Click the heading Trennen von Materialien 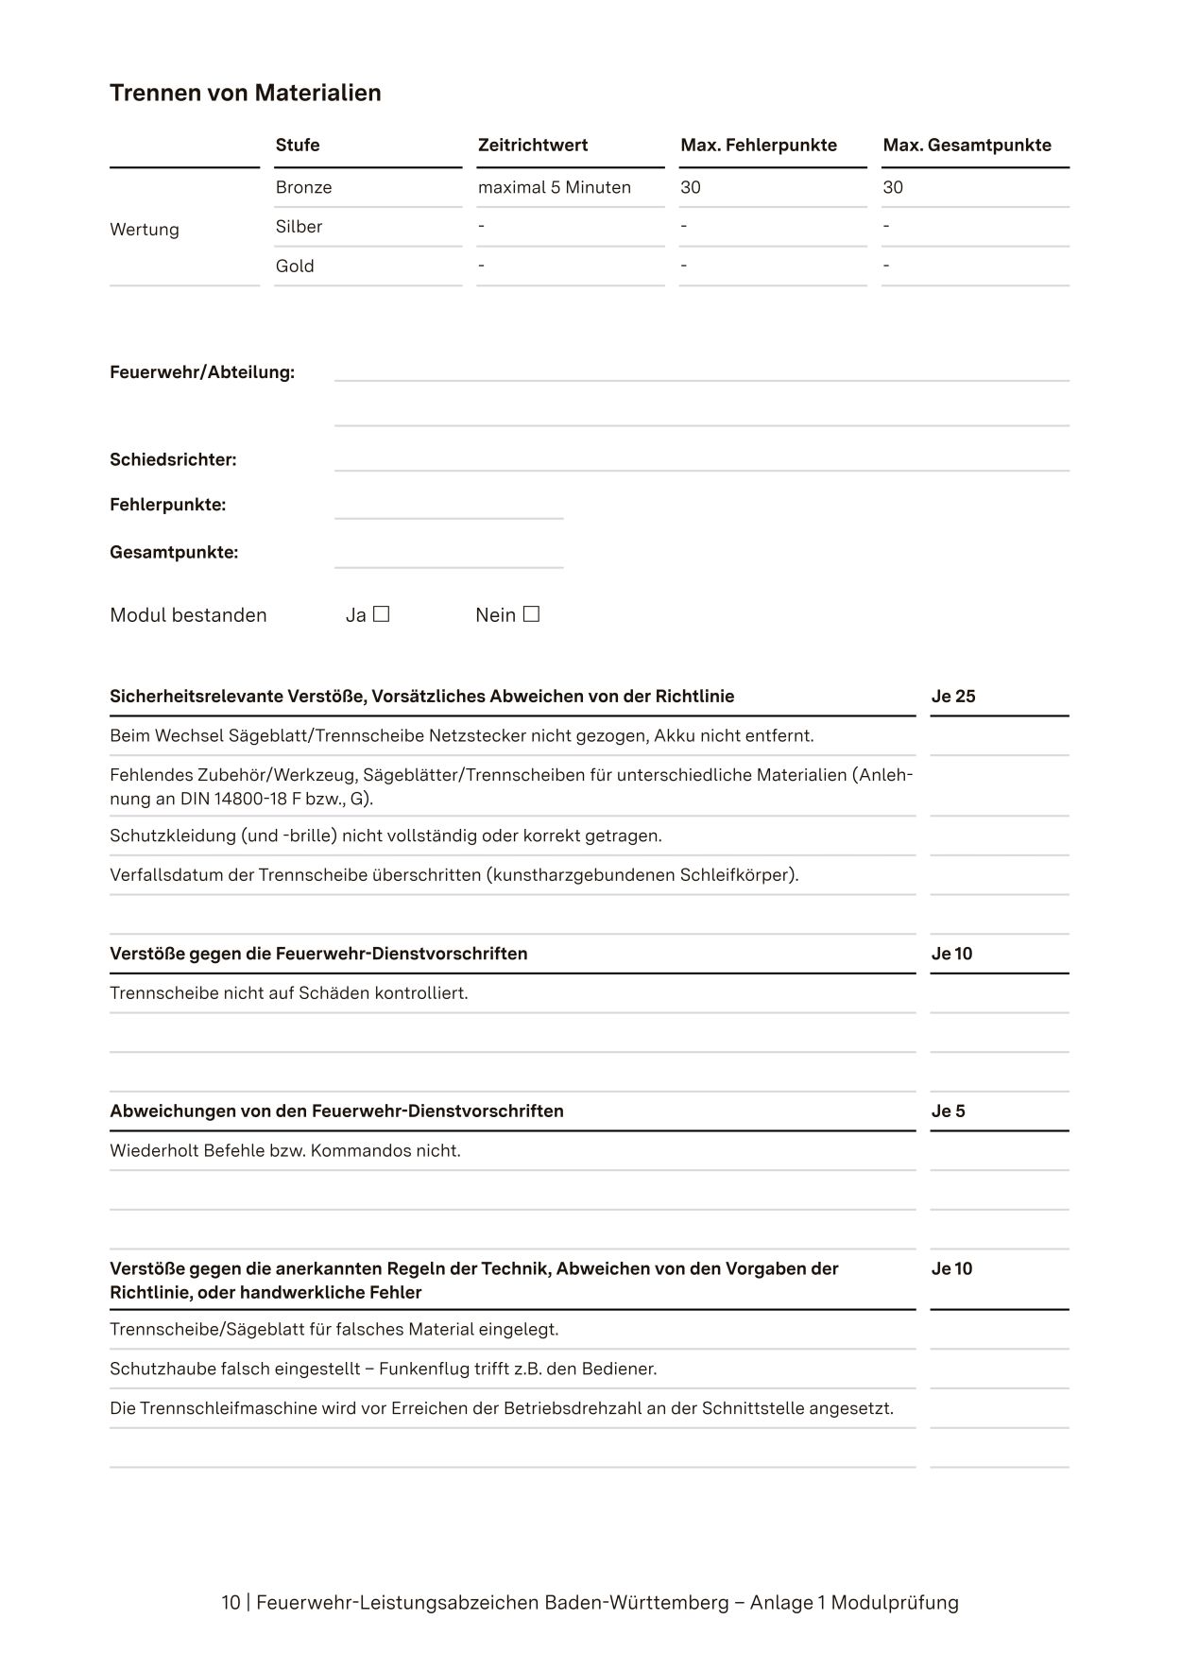[246, 93]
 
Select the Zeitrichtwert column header [532, 145]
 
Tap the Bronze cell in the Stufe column [303, 187]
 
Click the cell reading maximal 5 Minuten [554, 187]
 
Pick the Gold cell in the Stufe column [295, 266]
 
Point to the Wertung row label [145, 230]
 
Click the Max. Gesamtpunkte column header [967, 145]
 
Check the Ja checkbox [382, 614]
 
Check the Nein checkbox [531, 614]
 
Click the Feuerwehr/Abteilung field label [202, 372]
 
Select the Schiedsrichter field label [173, 460]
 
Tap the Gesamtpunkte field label [174, 553]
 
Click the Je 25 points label [952, 697]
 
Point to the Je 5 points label [948, 1111]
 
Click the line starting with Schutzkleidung [385, 835]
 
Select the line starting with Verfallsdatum [454, 875]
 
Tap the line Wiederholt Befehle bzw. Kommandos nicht [285, 1151]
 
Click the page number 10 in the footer [231, 1603]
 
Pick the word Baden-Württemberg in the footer [637, 1603]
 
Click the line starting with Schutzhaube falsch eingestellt [383, 1369]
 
